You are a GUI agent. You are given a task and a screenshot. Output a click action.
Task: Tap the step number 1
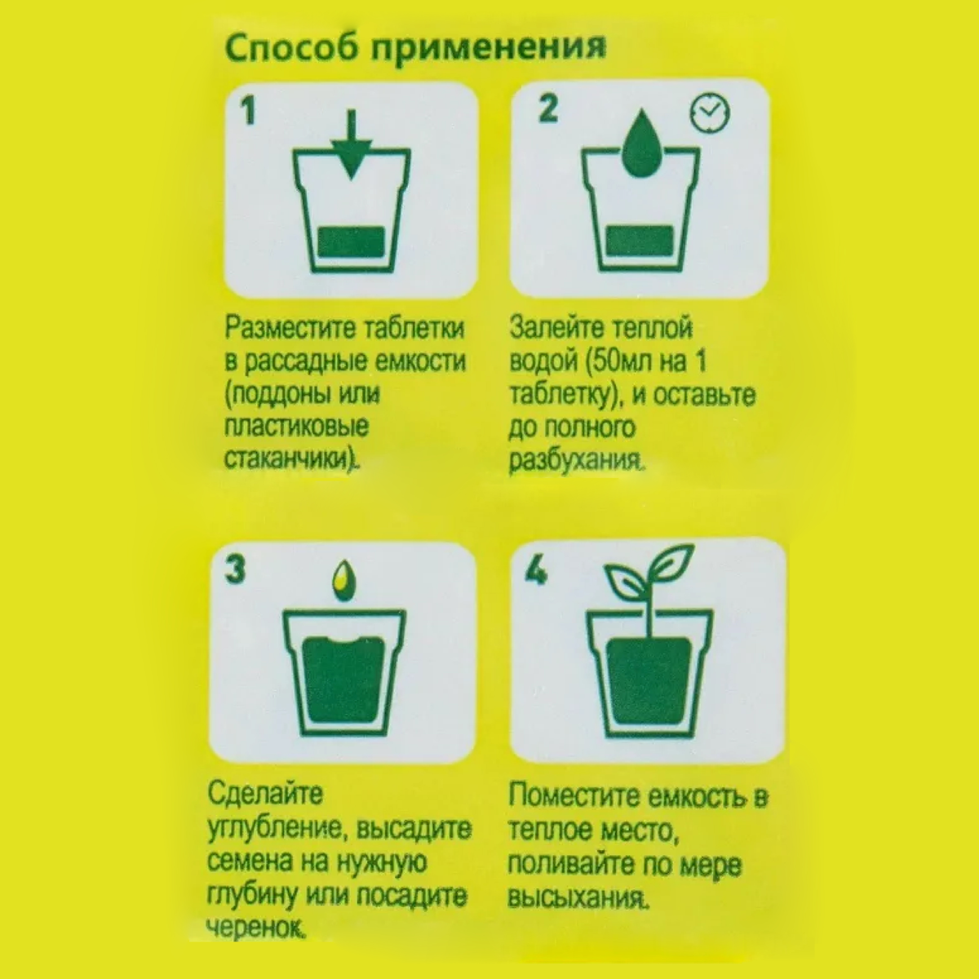248,111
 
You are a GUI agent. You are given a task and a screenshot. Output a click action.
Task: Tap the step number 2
547,109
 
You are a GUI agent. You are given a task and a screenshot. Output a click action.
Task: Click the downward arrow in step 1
352,144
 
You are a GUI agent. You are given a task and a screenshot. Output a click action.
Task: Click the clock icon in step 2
710,113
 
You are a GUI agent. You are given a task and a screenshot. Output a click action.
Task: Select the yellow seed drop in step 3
344,580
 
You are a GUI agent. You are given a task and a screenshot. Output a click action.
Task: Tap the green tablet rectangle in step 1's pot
351,241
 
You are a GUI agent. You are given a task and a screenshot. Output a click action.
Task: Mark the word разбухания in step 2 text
577,461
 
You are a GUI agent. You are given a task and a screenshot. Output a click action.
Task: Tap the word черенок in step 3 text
257,928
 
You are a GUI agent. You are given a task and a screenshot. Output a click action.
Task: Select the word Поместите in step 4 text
574,795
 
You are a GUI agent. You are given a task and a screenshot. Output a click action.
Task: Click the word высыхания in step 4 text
578,897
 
